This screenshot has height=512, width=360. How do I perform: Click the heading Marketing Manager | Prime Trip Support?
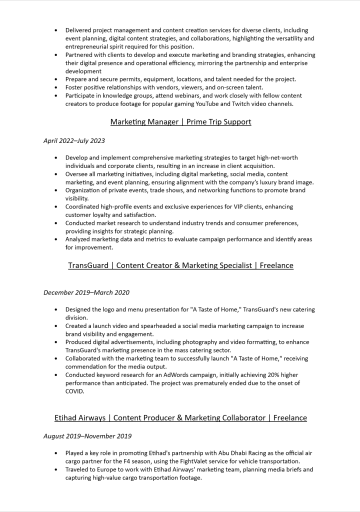pos(180,122)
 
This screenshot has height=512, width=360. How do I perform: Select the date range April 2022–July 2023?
pos(74,141)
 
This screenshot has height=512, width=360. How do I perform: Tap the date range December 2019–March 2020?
pos(86,292)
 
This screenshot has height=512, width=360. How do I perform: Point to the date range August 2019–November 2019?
pos(87,436)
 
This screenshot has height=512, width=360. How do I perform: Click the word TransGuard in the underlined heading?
pos(88,265)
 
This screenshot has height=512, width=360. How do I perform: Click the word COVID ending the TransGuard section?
pos(75,391)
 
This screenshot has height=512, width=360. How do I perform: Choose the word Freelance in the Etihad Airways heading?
pos(290,417)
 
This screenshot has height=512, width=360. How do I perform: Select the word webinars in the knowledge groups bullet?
pos(186,95)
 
